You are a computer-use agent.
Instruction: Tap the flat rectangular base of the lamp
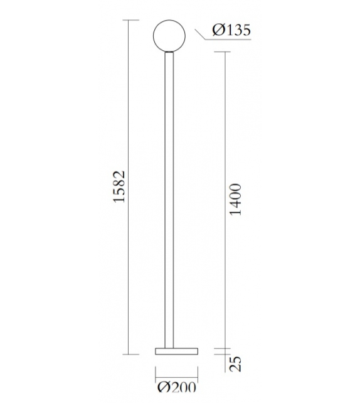click(175, 350)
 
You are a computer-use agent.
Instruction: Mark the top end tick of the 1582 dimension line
click(130, 21)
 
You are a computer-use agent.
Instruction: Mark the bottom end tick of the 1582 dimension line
click(130, 354)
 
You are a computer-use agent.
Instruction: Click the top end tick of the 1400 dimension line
click(223, 50)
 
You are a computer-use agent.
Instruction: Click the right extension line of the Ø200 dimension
click(196, 370)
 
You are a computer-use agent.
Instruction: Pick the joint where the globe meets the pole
click(169, 53)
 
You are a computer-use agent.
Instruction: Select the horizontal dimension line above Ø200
click(176, 375)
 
